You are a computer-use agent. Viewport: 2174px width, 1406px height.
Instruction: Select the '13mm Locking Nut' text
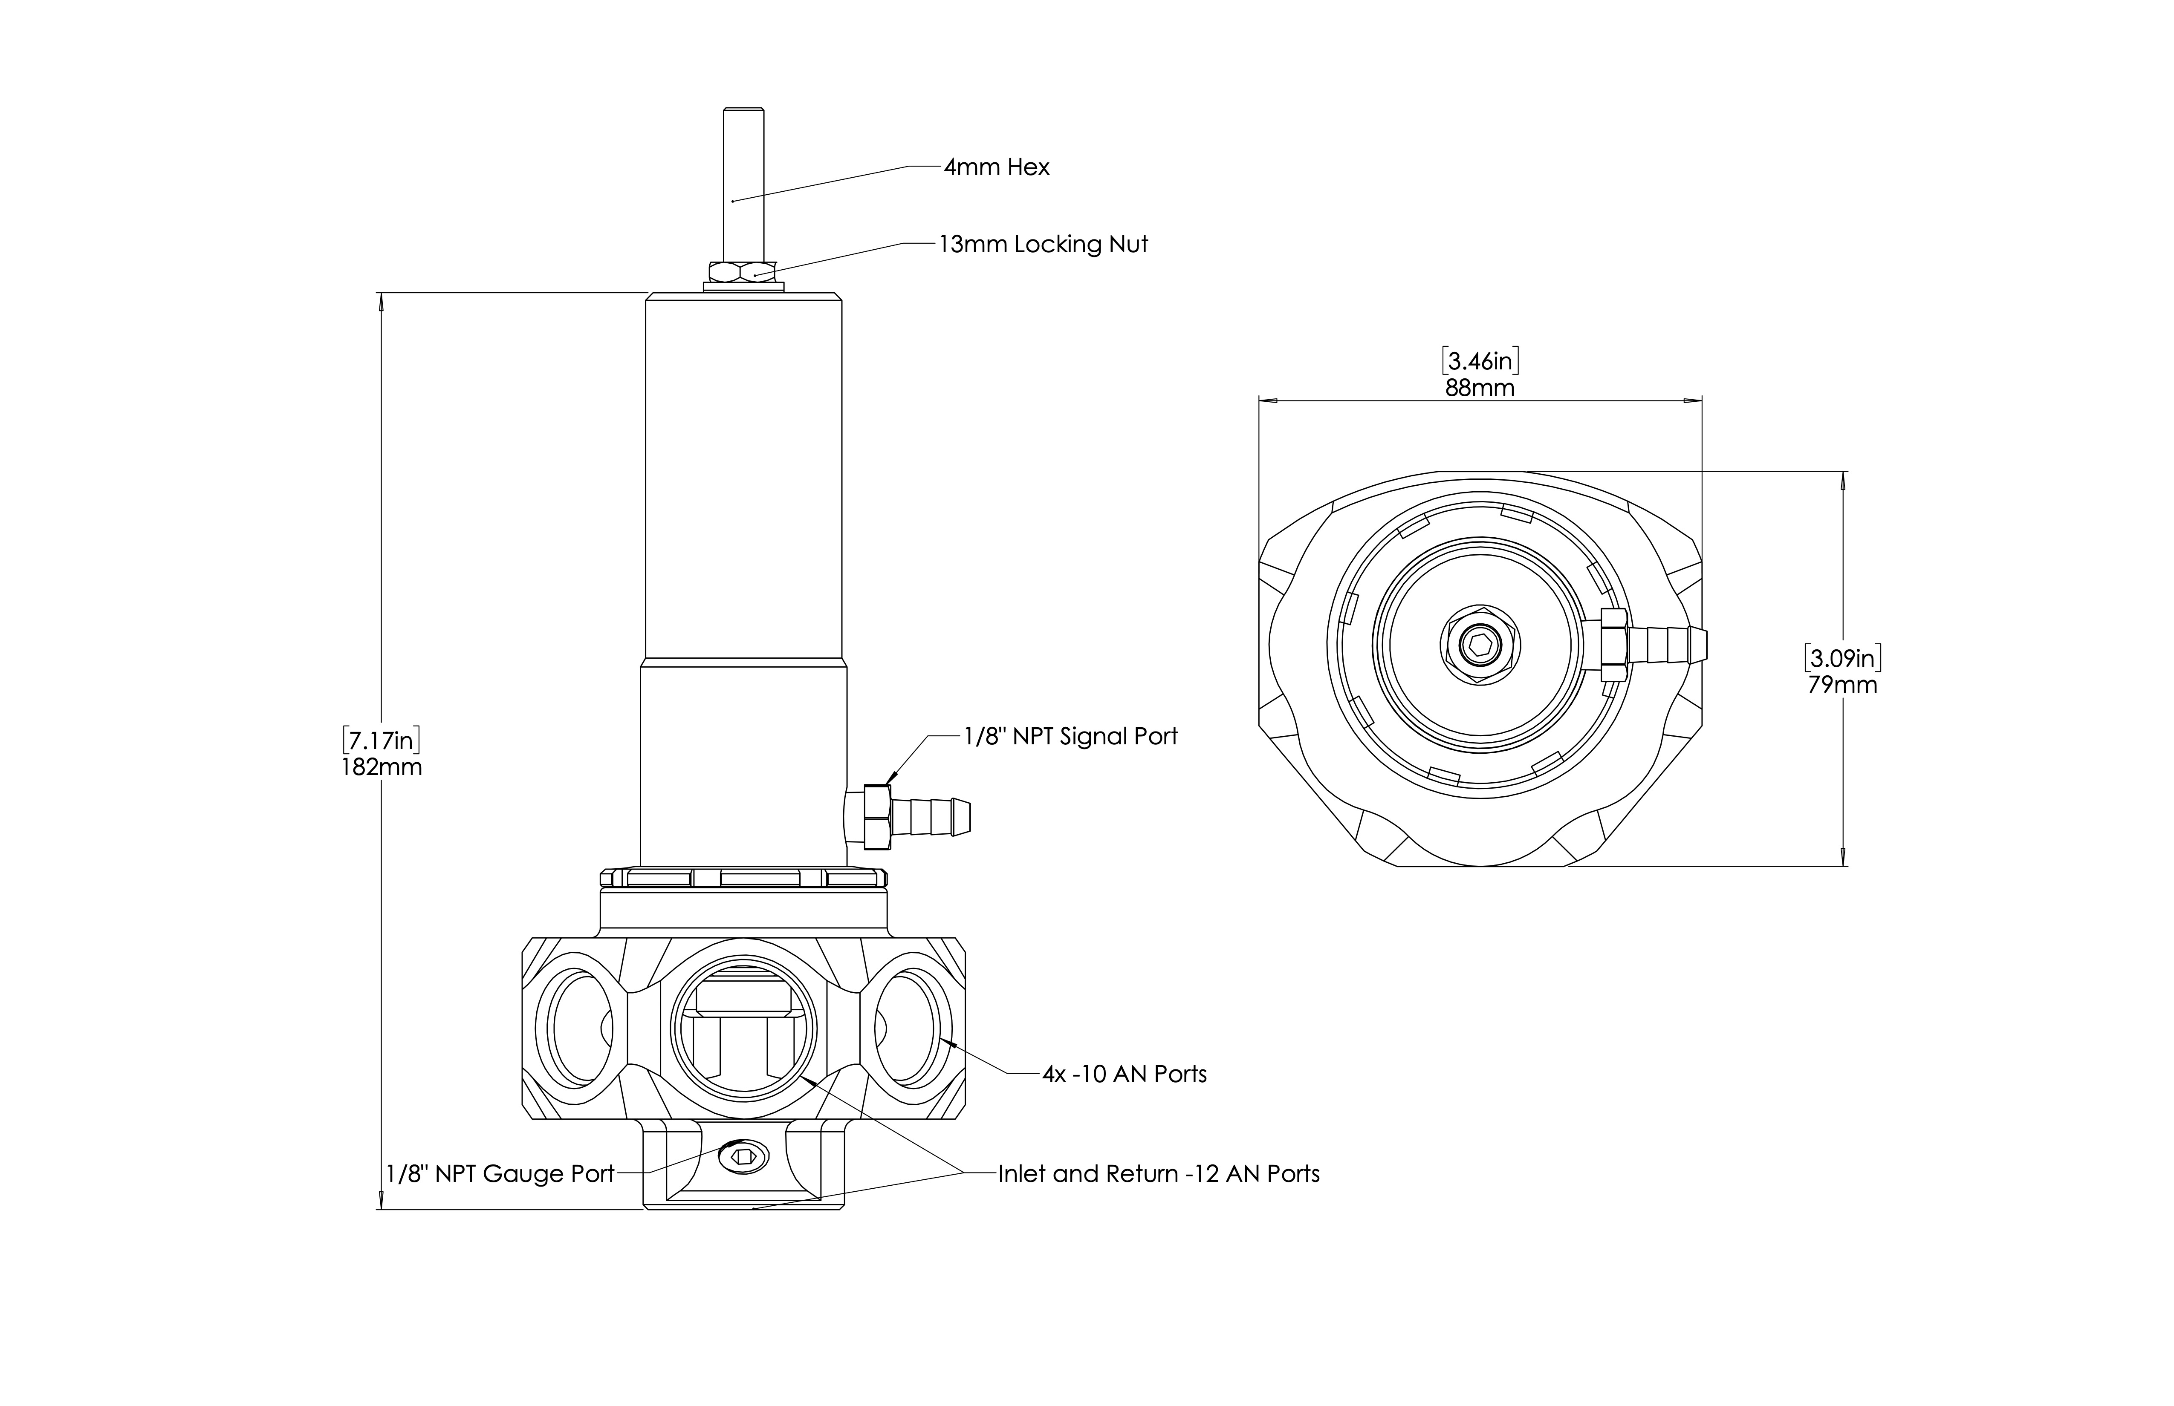click(x=1043, y=245)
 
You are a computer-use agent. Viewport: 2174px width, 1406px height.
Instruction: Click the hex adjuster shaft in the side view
click(x=743, y=183)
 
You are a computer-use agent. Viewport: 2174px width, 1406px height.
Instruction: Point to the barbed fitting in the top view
click(x=1662, y=645)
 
